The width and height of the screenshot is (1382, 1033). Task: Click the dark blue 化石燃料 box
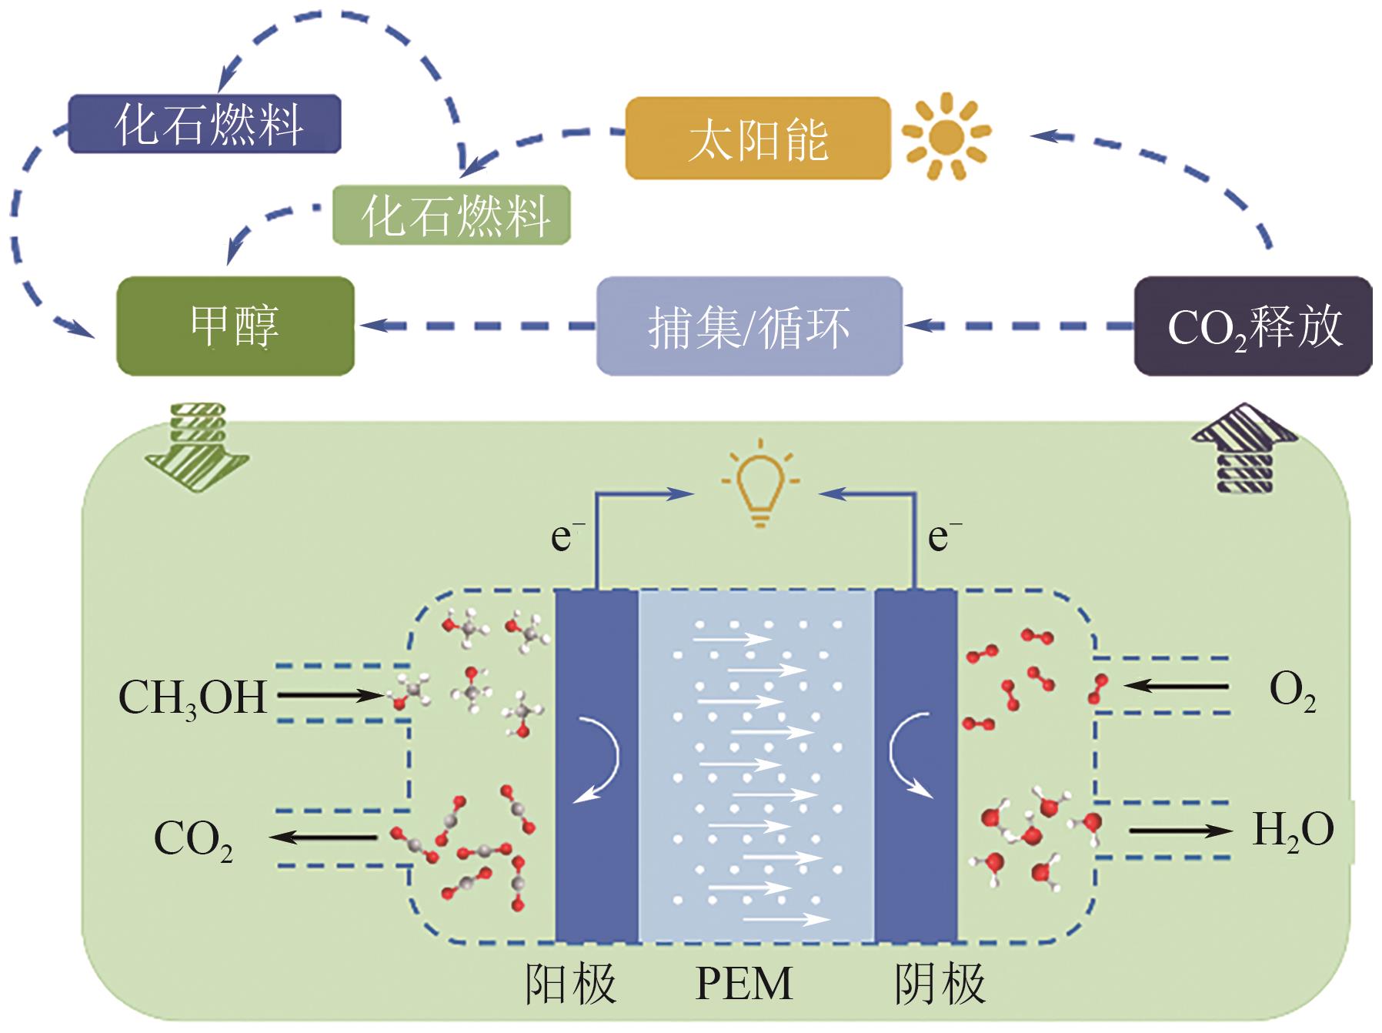tap(205, 124)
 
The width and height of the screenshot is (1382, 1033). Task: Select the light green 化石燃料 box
tap(452, 216)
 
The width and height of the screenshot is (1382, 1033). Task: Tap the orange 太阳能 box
tap(758, 139)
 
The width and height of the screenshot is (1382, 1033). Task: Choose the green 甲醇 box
tap(235, 326)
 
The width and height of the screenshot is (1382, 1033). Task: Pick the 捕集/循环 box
tap(749, 326)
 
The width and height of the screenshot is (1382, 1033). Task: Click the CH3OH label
tap(193, 697)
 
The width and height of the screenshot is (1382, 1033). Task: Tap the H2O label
tap(1293, 831)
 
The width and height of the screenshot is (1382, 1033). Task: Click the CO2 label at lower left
tap(193, 839)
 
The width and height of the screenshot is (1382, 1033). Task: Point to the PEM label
tap(743, 984)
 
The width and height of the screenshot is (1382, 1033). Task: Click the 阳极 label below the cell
tap(571, 984)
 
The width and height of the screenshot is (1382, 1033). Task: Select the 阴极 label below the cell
tap(940, 984)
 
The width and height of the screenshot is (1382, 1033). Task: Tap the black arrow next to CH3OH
tap(330, 696)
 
